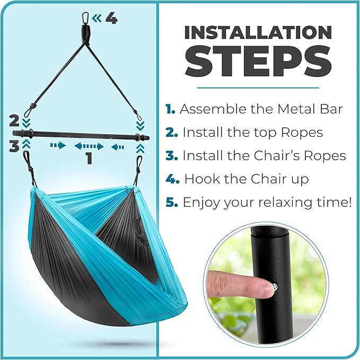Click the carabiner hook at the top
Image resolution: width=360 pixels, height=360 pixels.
click(x=85, y=19)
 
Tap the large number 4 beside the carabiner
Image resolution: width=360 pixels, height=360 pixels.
click(x=111, y=19)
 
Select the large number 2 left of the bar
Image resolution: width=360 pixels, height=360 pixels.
click(x=14, y=120)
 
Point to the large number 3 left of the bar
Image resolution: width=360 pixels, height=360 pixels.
click(x=14, y=146)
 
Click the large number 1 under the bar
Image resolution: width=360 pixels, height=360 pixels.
click(x=89, y=158)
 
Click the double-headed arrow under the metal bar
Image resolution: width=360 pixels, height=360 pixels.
click(x=89, y=146)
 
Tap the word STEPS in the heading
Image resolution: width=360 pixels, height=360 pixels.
click(x=258, y=61)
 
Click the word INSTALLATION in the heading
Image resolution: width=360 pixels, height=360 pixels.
click(x=258, y=32)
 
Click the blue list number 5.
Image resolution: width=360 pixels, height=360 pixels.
click(x=171, y=203)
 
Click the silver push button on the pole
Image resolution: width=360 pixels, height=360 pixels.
click(x=275, y=287)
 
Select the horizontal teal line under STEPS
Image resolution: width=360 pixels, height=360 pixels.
click(x=258, y=87)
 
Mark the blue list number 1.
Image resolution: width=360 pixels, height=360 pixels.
click(x=170, y=109)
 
